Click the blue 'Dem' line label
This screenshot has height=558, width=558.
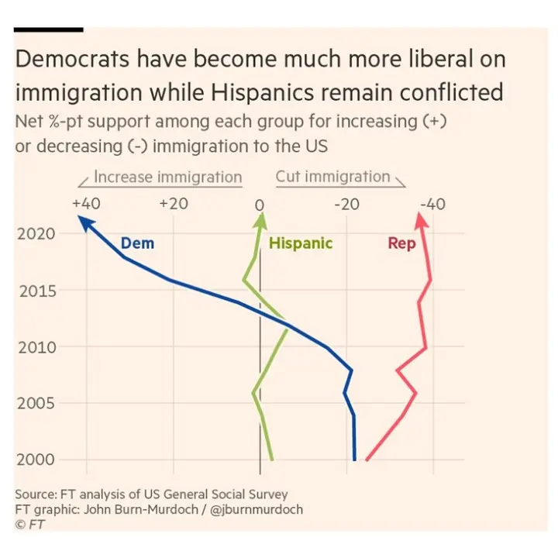(x=137, y=243)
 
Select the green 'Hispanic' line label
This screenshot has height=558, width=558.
(x=300, y=243)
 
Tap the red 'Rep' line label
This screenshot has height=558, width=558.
(x=401, y=243)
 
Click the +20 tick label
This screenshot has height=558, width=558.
(x=174, y=204)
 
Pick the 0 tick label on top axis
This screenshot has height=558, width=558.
(x=260, y=205)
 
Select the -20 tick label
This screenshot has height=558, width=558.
(x=346, y=204)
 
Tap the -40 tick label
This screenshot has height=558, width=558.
(x=432, y=204)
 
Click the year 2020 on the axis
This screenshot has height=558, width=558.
(x=36, y=233)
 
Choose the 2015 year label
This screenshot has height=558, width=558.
(x=36, y=291)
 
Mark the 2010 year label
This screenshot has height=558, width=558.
(x=36, y=346)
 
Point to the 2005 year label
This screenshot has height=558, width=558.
(x=36, y=403)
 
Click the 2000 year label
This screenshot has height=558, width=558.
(x=36, y=460)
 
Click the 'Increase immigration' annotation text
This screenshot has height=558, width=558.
(x=167, y=177)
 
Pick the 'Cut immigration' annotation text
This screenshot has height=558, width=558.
(x=332, y=177)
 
